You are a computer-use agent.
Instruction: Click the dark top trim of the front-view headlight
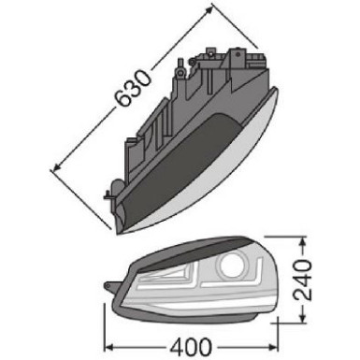pos(187,248)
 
